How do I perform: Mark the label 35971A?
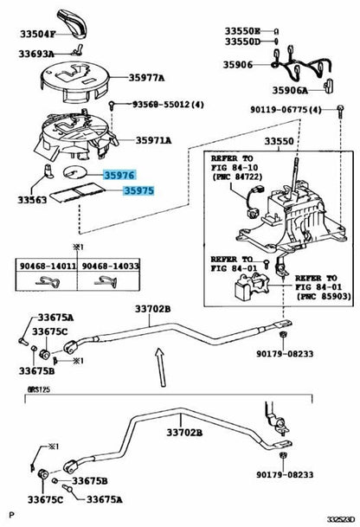pyautogui.click(x=152, y=140)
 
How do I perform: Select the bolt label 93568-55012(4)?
pyautogui.click(x=168, y=104)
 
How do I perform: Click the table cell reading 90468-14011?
pyautogui.click(x=45, y=267)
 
